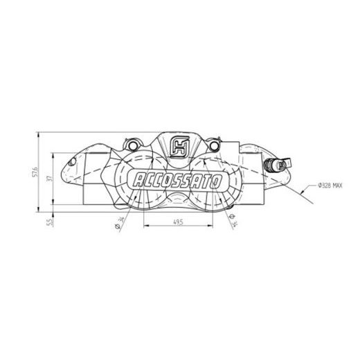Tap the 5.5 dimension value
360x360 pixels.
[48, 222]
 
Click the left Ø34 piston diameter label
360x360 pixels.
[122, 225]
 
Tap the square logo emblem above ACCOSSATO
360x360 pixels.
[179, 147]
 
